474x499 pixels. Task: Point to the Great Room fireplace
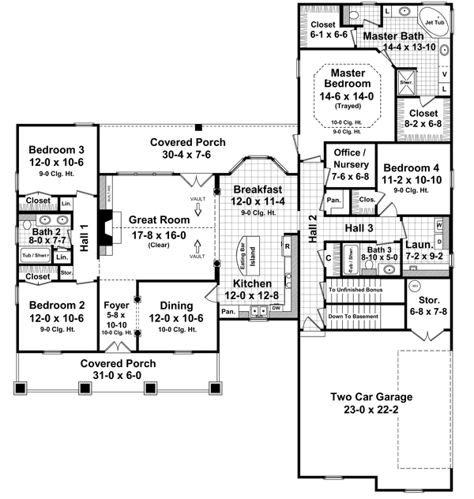pos(103,228)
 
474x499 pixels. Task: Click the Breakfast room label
pos(256,189)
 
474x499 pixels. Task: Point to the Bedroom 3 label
pos(56,150)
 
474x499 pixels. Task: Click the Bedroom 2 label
pos(56,304)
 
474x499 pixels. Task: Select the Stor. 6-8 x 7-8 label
pos(427,306)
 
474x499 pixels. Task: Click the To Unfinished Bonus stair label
pos(355,291)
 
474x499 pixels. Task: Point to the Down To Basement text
pos(352,316)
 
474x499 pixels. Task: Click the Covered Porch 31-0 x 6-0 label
pos(117,363)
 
